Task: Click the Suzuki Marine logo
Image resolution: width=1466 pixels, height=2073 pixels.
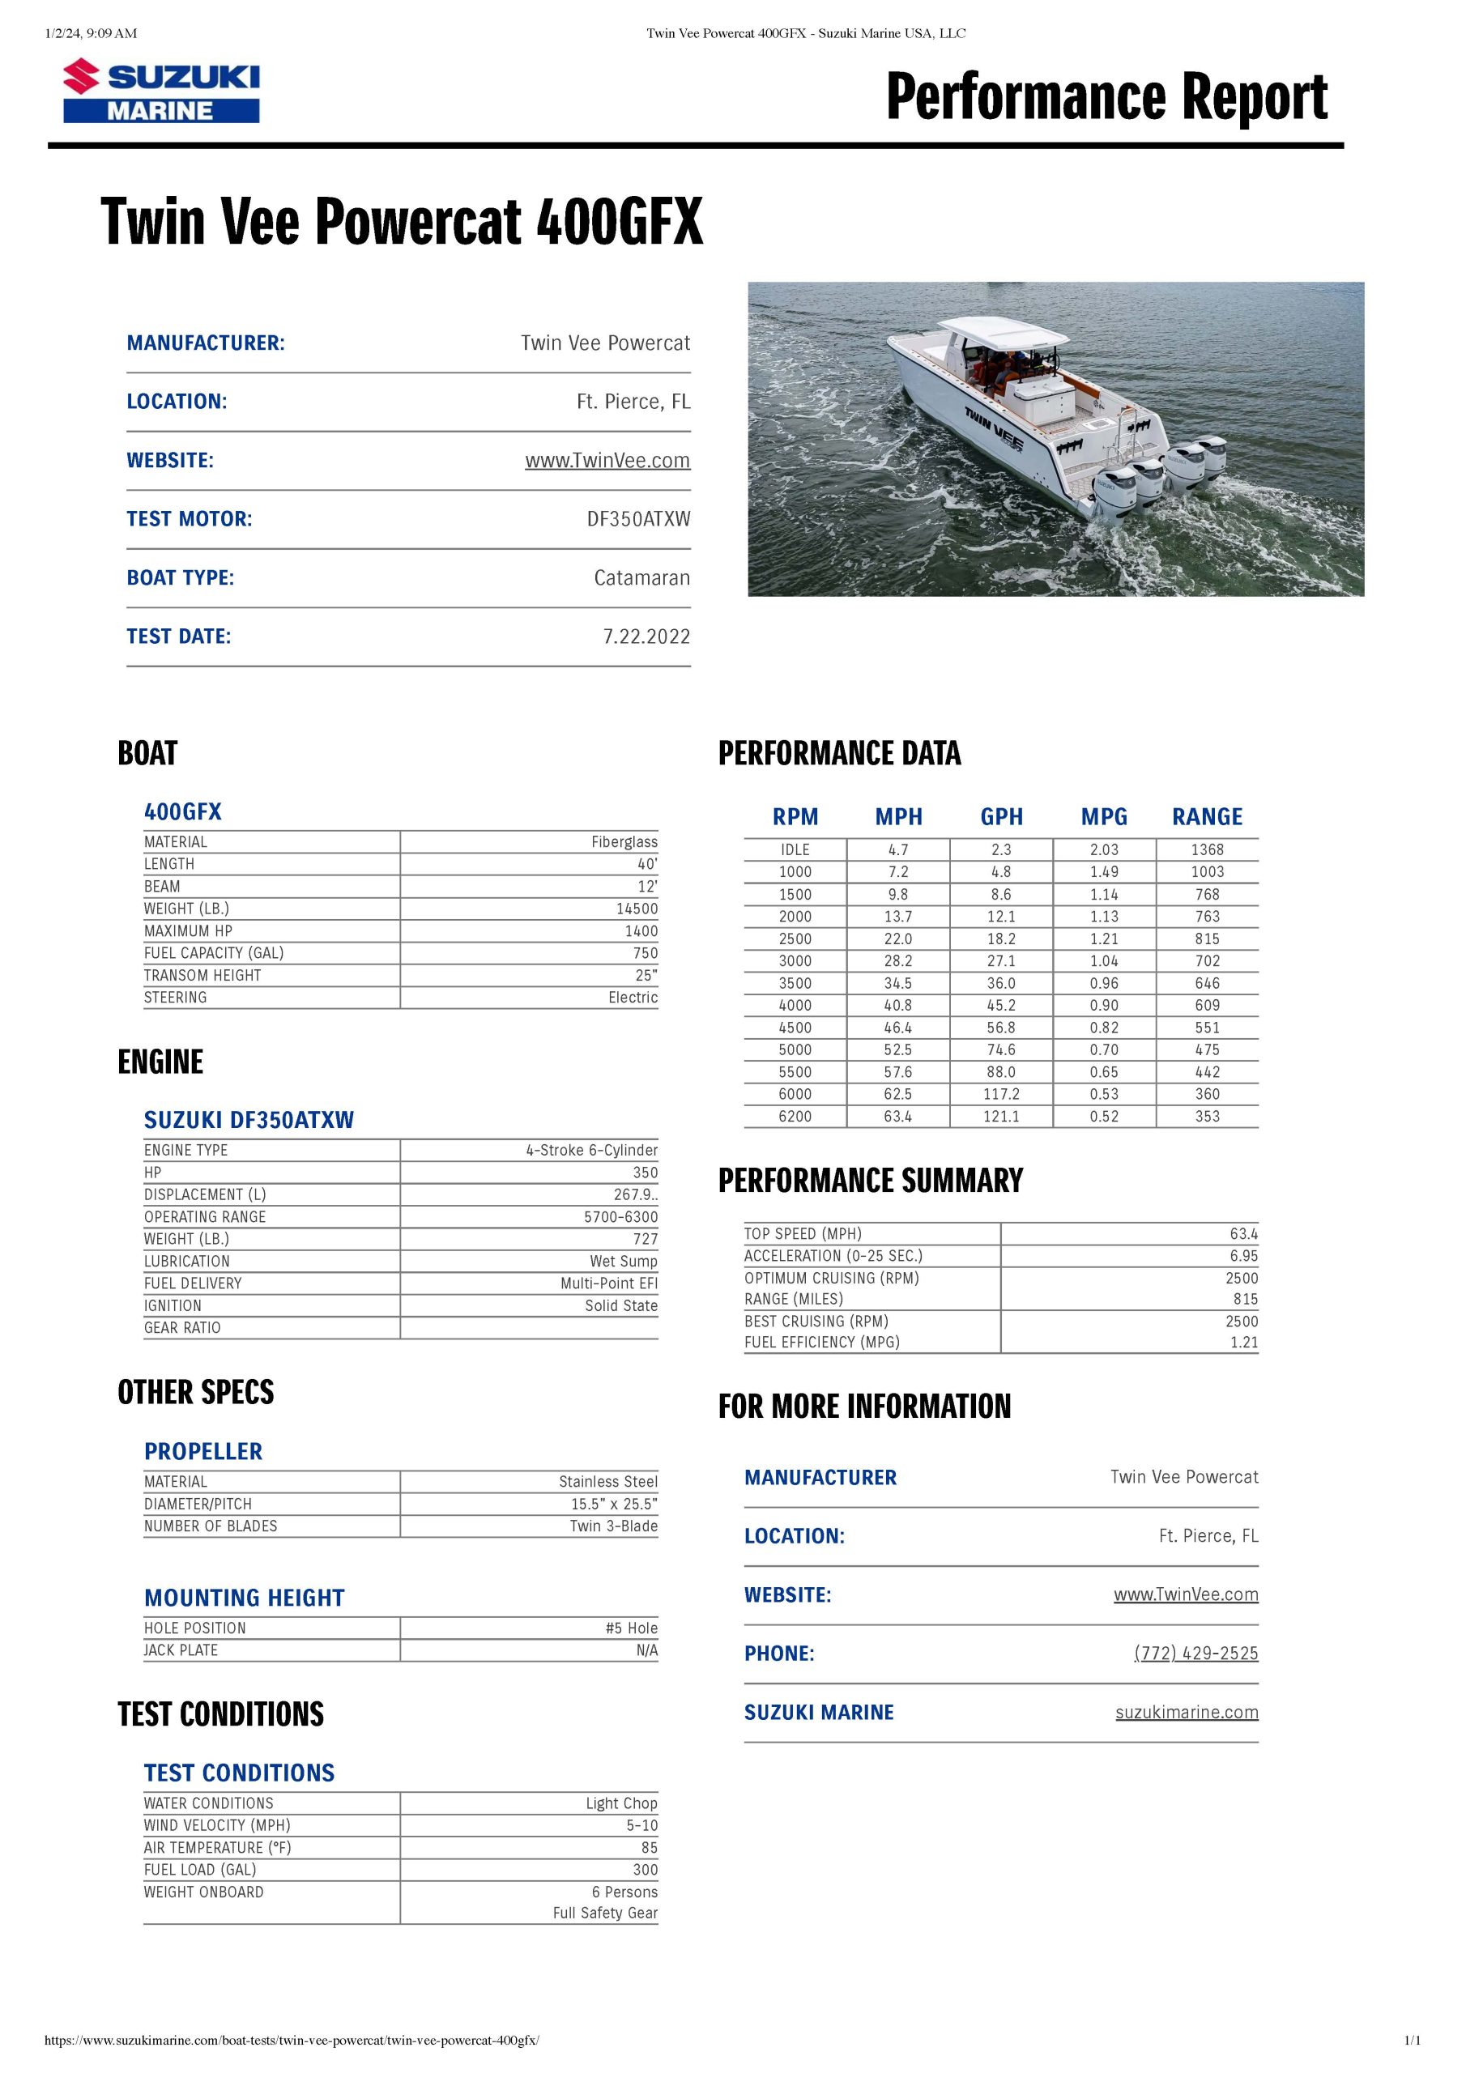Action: (161, 92)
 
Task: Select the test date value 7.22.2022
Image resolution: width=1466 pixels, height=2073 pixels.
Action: (646, 636)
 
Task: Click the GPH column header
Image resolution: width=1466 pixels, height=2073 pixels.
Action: (1001, 817)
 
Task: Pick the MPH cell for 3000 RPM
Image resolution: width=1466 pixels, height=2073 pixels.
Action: (898, 960)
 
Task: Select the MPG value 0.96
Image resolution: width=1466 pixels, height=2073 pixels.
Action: (1104, 983)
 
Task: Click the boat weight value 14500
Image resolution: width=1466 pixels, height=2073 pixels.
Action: (637, 909)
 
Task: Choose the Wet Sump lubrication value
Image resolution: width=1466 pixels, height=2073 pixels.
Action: (624, 1262)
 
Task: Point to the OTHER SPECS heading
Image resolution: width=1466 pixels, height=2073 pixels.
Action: (195, 1392)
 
